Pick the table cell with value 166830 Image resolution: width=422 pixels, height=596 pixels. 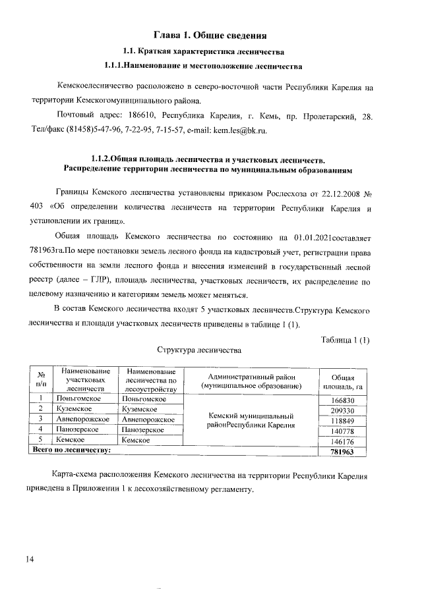click(342, 400)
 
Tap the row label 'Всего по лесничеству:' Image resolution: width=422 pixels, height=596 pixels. click(71, 451)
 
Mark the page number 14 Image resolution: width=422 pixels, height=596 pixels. click(30, 559)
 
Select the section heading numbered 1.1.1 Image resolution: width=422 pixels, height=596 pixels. click(204, 66)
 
